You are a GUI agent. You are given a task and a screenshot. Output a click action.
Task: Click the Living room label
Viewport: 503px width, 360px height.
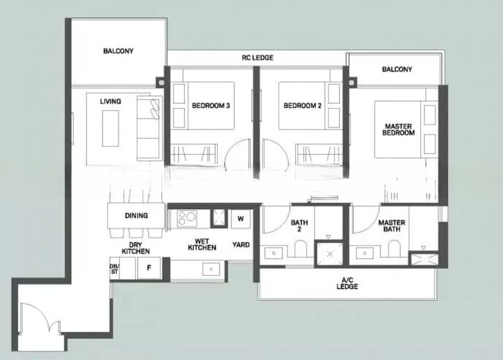[110, 101]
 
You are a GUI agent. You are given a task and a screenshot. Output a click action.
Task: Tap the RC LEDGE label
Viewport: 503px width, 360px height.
[257, 58]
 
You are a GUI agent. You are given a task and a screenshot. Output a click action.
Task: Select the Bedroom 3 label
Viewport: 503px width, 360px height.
[210, 106]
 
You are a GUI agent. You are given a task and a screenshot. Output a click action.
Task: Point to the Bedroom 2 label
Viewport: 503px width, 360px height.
[302, 106]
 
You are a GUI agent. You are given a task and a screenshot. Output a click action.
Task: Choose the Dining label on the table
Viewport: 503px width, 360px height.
[136, 216]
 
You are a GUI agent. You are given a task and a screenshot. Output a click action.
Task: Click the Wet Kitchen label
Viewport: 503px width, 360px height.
[202, 244]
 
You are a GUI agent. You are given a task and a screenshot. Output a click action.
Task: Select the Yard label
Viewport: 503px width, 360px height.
[241, 244]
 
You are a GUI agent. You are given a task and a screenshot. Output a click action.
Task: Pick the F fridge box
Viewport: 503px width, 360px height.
[149, 266]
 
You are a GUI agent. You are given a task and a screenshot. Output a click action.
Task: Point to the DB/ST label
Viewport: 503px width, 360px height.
[114, 269]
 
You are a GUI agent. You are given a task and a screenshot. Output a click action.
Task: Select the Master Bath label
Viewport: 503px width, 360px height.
[392, 226]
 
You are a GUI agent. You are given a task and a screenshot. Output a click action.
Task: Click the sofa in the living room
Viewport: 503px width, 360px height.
[150, 128]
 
